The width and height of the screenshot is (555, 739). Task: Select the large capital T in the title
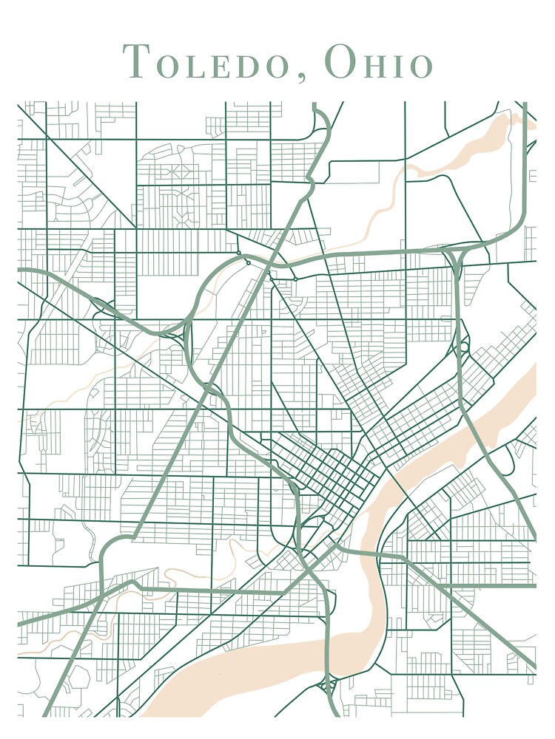point(136,61)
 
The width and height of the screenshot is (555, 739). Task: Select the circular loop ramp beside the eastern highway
point(464,346)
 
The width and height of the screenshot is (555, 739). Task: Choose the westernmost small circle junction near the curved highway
point(238,253)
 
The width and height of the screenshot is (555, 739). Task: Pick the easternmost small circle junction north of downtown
point(295,279)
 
